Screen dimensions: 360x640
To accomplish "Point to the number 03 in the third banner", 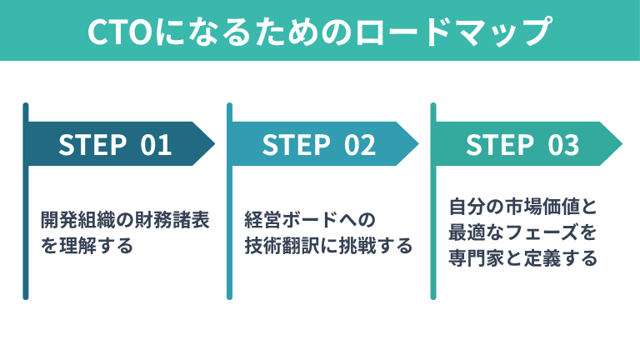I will point(563,144).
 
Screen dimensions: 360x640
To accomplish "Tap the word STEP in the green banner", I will point(499,144).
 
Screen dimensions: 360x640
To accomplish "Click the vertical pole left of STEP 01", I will point(26,200).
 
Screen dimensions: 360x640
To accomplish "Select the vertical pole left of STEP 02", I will point(229,200).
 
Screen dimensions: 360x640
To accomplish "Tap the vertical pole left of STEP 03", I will point(433,200).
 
